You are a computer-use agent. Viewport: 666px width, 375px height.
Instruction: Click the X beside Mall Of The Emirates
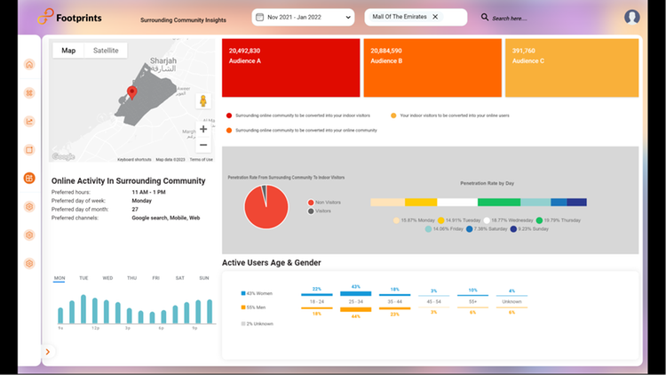(435, 17)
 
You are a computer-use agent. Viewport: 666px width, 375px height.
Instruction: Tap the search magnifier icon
(485, 17)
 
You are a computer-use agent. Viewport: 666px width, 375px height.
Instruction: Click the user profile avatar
(632, 17)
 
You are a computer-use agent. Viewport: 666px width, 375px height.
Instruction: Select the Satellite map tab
(107, 51)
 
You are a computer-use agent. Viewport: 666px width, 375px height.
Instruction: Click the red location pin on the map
(132, 92)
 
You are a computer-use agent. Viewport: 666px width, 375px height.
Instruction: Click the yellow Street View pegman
(202, 100)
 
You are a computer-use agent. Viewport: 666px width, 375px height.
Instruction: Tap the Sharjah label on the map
(163, 61)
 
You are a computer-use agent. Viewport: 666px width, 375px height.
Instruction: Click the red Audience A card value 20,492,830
(244, 52)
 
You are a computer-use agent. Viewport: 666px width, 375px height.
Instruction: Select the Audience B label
(386, 60)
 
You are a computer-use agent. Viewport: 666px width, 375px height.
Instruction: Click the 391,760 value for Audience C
(525, 52)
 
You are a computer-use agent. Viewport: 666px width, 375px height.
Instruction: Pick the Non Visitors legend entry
(329, 203)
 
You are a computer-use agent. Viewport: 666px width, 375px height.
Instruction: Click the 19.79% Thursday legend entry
(561, 219)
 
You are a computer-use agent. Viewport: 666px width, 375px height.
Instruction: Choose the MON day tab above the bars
(59, 278)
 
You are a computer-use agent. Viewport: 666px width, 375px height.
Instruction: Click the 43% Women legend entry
(259, 292)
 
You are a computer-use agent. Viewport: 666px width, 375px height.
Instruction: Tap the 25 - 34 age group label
(356, 302)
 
